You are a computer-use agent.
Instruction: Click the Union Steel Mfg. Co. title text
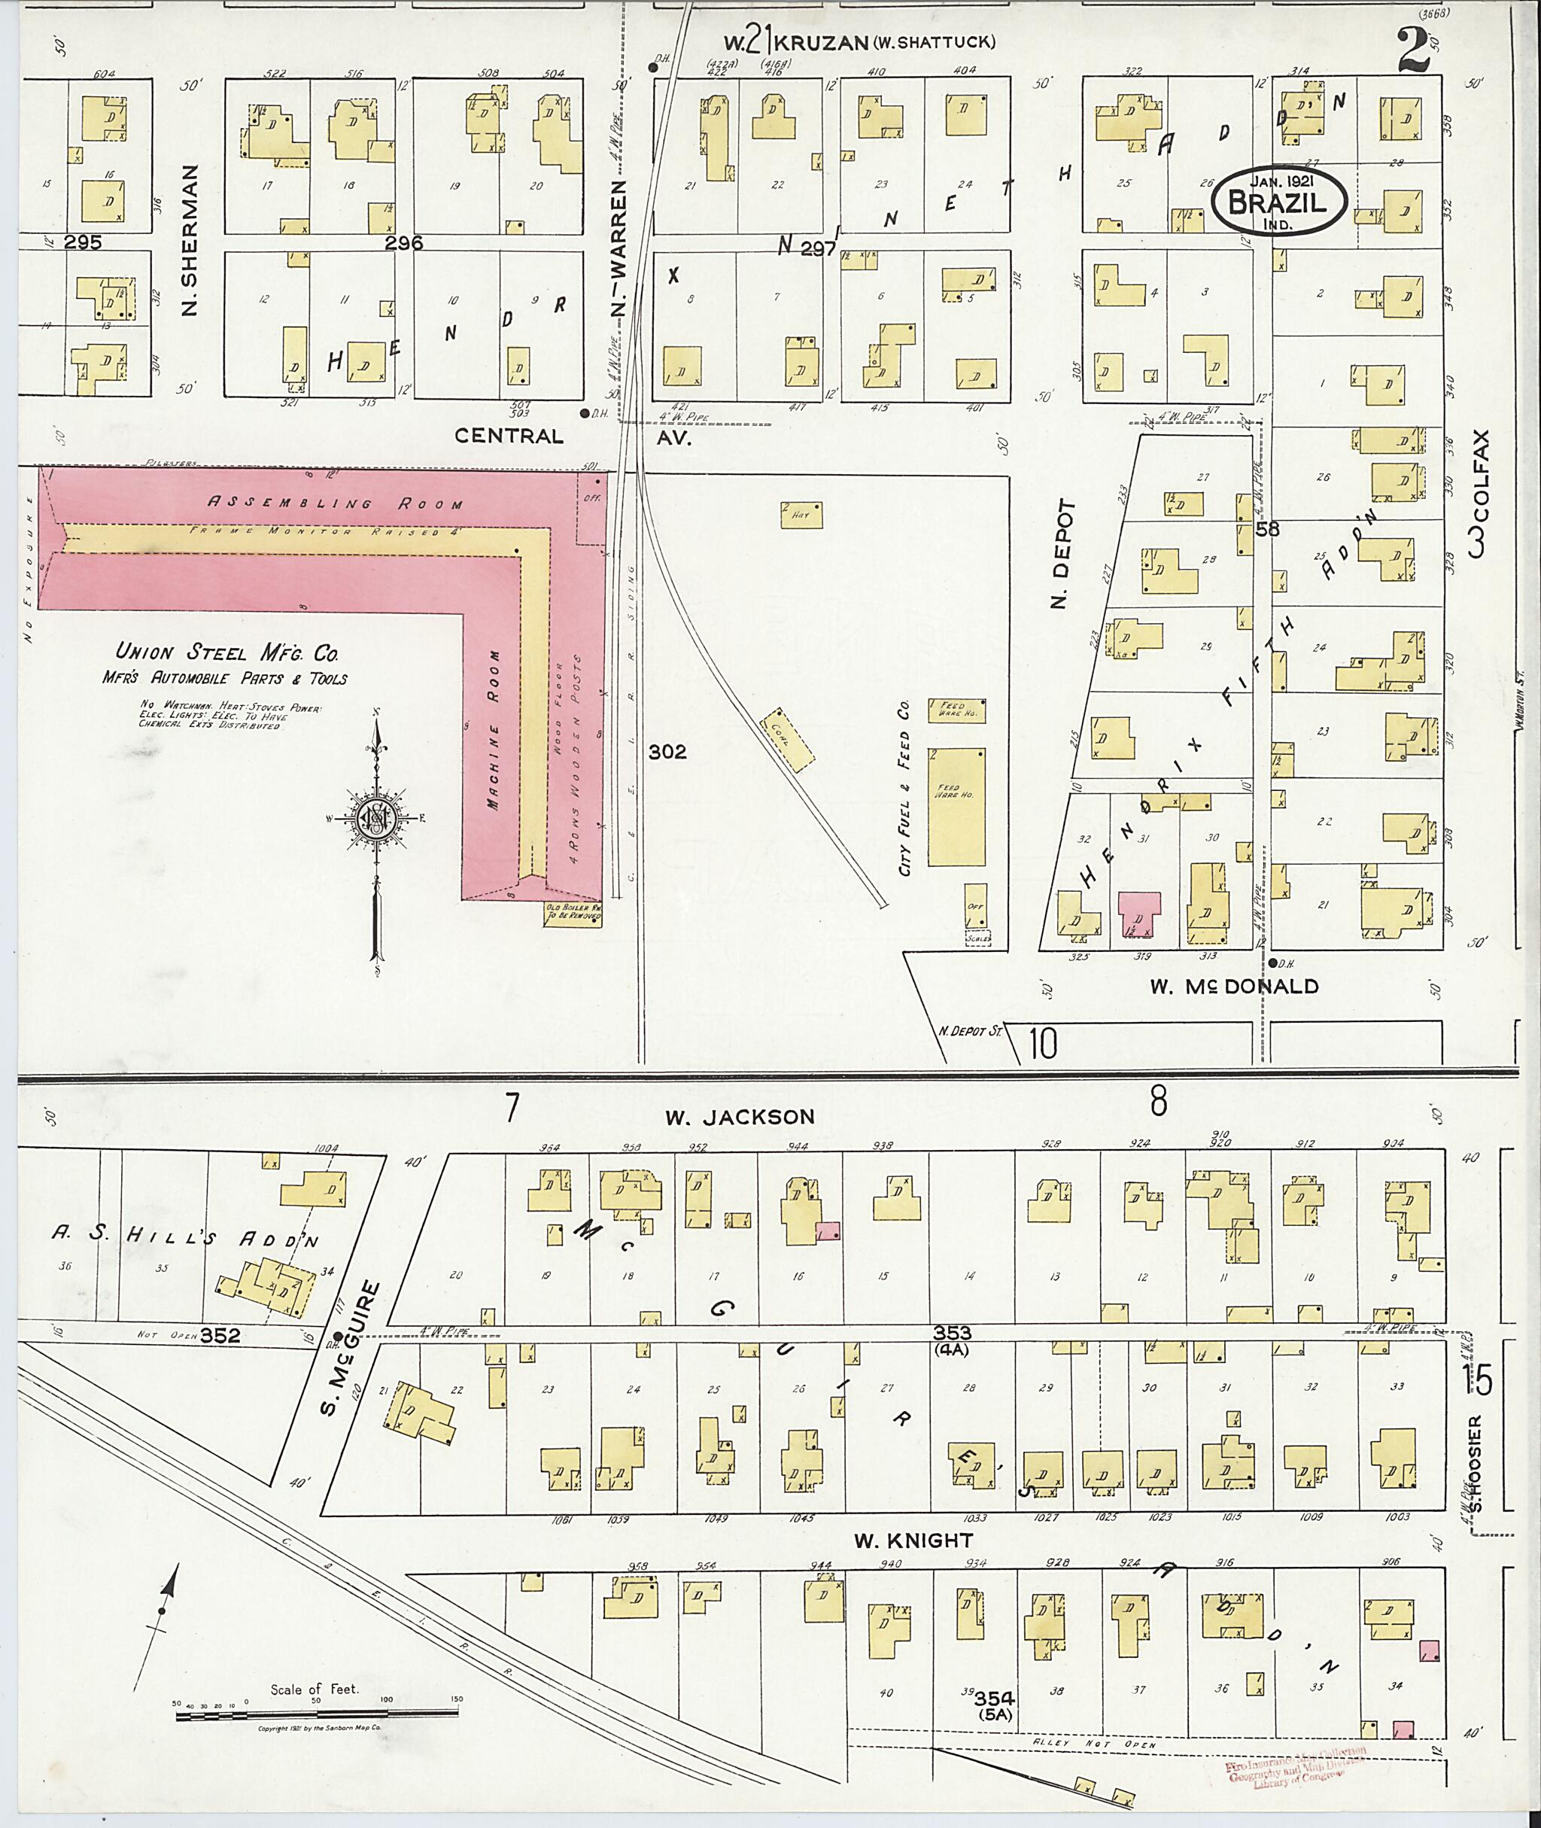pyautogui.click(x=227, y=652)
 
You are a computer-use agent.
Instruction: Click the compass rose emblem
pyautogui.click(x=376, y=819)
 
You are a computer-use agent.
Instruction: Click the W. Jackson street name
pyautogui.click(x=739, y=1117)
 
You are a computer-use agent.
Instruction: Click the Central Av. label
pyautogui.click(x=570, y=435)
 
